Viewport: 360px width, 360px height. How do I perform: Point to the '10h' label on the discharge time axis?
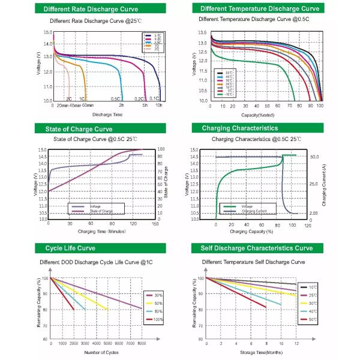(x=159, y=106)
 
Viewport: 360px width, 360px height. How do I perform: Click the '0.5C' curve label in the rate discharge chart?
(x=115, y=98)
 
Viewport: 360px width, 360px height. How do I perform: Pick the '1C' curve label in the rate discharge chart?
(x=82, y=98)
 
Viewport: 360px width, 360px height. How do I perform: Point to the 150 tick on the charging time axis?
(x=155, y=224)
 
